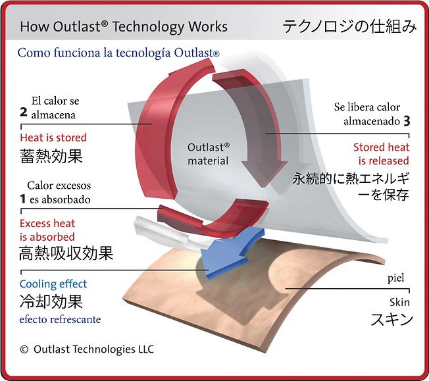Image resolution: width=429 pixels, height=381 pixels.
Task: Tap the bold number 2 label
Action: (24, 113)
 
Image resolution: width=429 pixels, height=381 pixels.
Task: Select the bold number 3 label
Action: (407, 121)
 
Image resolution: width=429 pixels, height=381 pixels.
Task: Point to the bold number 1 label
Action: (23, 199)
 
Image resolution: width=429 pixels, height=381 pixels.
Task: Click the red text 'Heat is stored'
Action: (53, 138)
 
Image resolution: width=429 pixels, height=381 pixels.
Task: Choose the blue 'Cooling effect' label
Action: (53, 284)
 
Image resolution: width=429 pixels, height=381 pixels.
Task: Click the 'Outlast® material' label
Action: (208, 154)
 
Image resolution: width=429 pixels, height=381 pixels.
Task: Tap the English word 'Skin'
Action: (400, 302)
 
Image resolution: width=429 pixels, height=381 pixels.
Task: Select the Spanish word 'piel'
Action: (395, 278)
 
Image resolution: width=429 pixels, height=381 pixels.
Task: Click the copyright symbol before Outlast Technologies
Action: (24, 349)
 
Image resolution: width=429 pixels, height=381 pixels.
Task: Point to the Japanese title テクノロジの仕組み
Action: (349, 26)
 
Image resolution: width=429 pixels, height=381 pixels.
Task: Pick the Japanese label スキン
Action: (391, 319)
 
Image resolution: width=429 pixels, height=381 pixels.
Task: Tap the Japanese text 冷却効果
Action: (51, 301)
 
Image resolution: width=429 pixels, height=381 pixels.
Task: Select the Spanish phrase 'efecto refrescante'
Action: (60, 319)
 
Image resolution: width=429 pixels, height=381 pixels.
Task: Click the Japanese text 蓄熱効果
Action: (51, 157)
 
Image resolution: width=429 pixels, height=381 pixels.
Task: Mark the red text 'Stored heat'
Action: (382, 147)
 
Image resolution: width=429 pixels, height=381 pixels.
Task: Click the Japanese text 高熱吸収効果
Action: (66, 253)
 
